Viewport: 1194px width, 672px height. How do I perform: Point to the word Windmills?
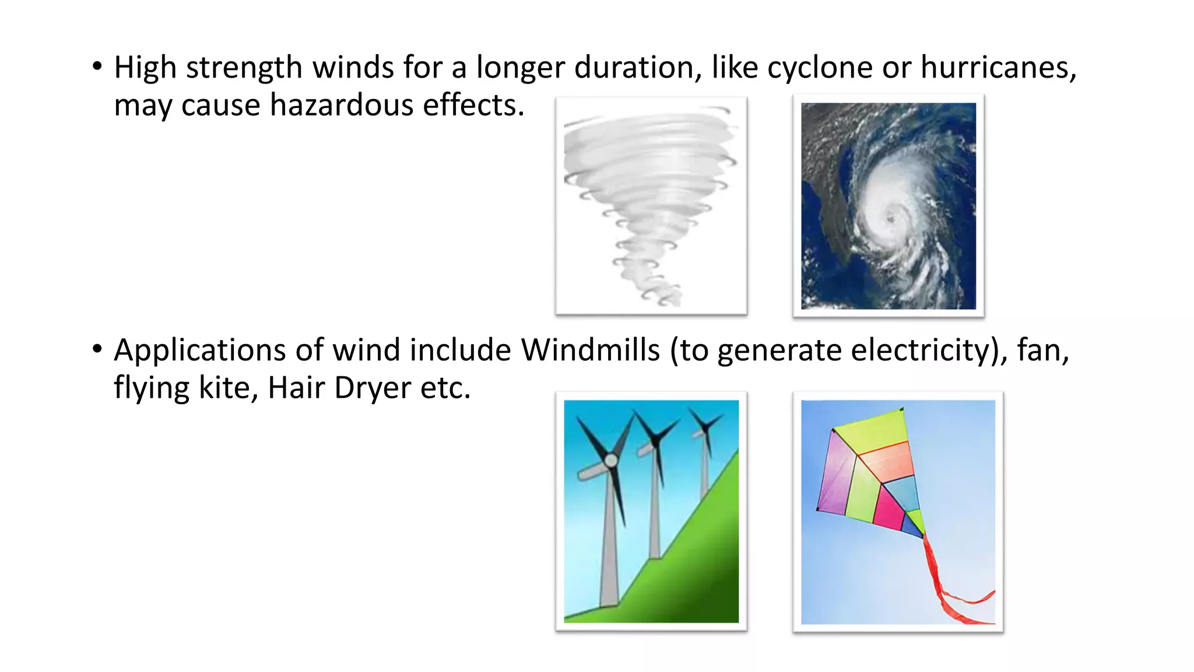(x=590, y=350)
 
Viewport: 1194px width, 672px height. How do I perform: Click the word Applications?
(x=199, y=351)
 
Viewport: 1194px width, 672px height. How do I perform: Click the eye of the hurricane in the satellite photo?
(x=890, y=219)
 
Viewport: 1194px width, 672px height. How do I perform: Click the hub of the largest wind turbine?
(x=610, y=461)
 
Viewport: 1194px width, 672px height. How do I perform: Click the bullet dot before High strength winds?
(x=97, y=66)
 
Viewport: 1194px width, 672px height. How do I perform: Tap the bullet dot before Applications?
(x=97, y=349)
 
